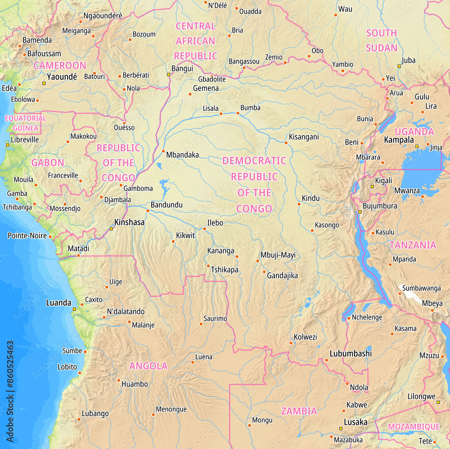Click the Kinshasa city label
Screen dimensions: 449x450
tap(130, 222)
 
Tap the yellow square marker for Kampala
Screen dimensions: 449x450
tap(417, 146)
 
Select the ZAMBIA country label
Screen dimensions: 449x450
tap(299, 411)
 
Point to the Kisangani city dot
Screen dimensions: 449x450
tap(286, 143)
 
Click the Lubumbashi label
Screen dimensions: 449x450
tap(351, 354)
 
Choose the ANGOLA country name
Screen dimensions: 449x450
tap(148, 366)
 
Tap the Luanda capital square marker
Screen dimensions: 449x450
tap(74, 309)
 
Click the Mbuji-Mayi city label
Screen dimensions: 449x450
tap(278, 255)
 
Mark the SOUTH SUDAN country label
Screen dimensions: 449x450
tap(382, 40)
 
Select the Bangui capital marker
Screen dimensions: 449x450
tap(169, 74)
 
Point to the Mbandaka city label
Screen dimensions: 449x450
tap(182, 155)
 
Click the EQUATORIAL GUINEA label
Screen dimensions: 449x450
tap(25, 123)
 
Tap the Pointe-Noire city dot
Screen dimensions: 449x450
tap(50, 236)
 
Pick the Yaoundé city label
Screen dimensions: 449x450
tap(62, 77)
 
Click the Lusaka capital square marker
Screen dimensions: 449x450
tap(340, 429)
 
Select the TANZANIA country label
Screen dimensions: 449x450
tap(413, 245)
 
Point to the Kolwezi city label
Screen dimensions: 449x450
tap(305, 337)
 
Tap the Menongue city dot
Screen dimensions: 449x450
tap(153, 414)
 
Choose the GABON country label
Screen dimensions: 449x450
tap(48, 162)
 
